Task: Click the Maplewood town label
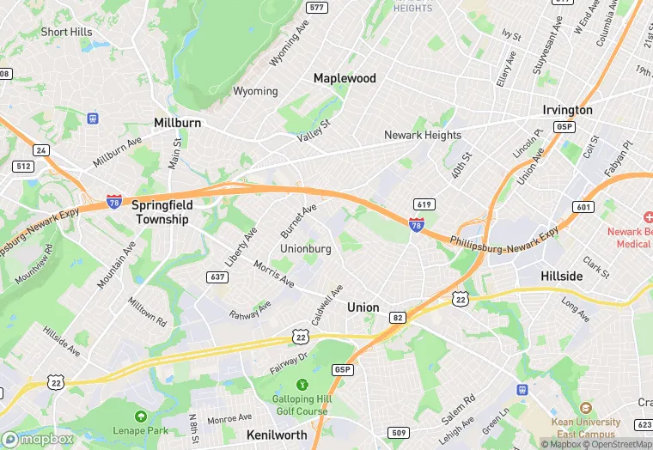[x=345, y=78]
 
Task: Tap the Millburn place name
[x=177, y=123]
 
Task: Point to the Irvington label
[x=567, y=110]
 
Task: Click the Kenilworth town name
[x=277, y=435]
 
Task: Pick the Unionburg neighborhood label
[x=306, y=248]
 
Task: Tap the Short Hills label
[x=66, y=32]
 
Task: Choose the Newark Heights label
[x=423, y=135]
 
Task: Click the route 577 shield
[x=317, y=8]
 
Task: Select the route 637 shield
[x=217, y=277]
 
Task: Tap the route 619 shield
[x=423, y=204]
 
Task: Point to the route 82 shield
[x=397, y=318]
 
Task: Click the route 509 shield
[x=398, y=432]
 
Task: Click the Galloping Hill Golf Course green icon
[x=302, y=384]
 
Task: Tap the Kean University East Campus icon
[x=587, y=407]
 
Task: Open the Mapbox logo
[x=37, y=439]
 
